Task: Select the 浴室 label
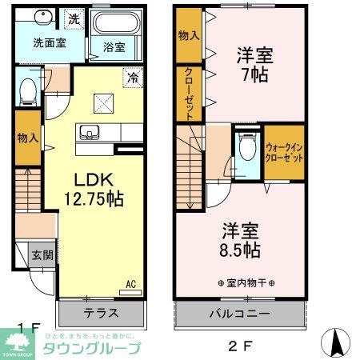(x=114, y=48)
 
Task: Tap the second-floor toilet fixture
(x=246, y=148)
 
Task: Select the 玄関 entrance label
(x=42, y=256)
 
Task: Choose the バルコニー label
(x=240, y=313)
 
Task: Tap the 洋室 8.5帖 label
(x=240, y=238)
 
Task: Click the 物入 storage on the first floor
(x=27, y=138)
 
